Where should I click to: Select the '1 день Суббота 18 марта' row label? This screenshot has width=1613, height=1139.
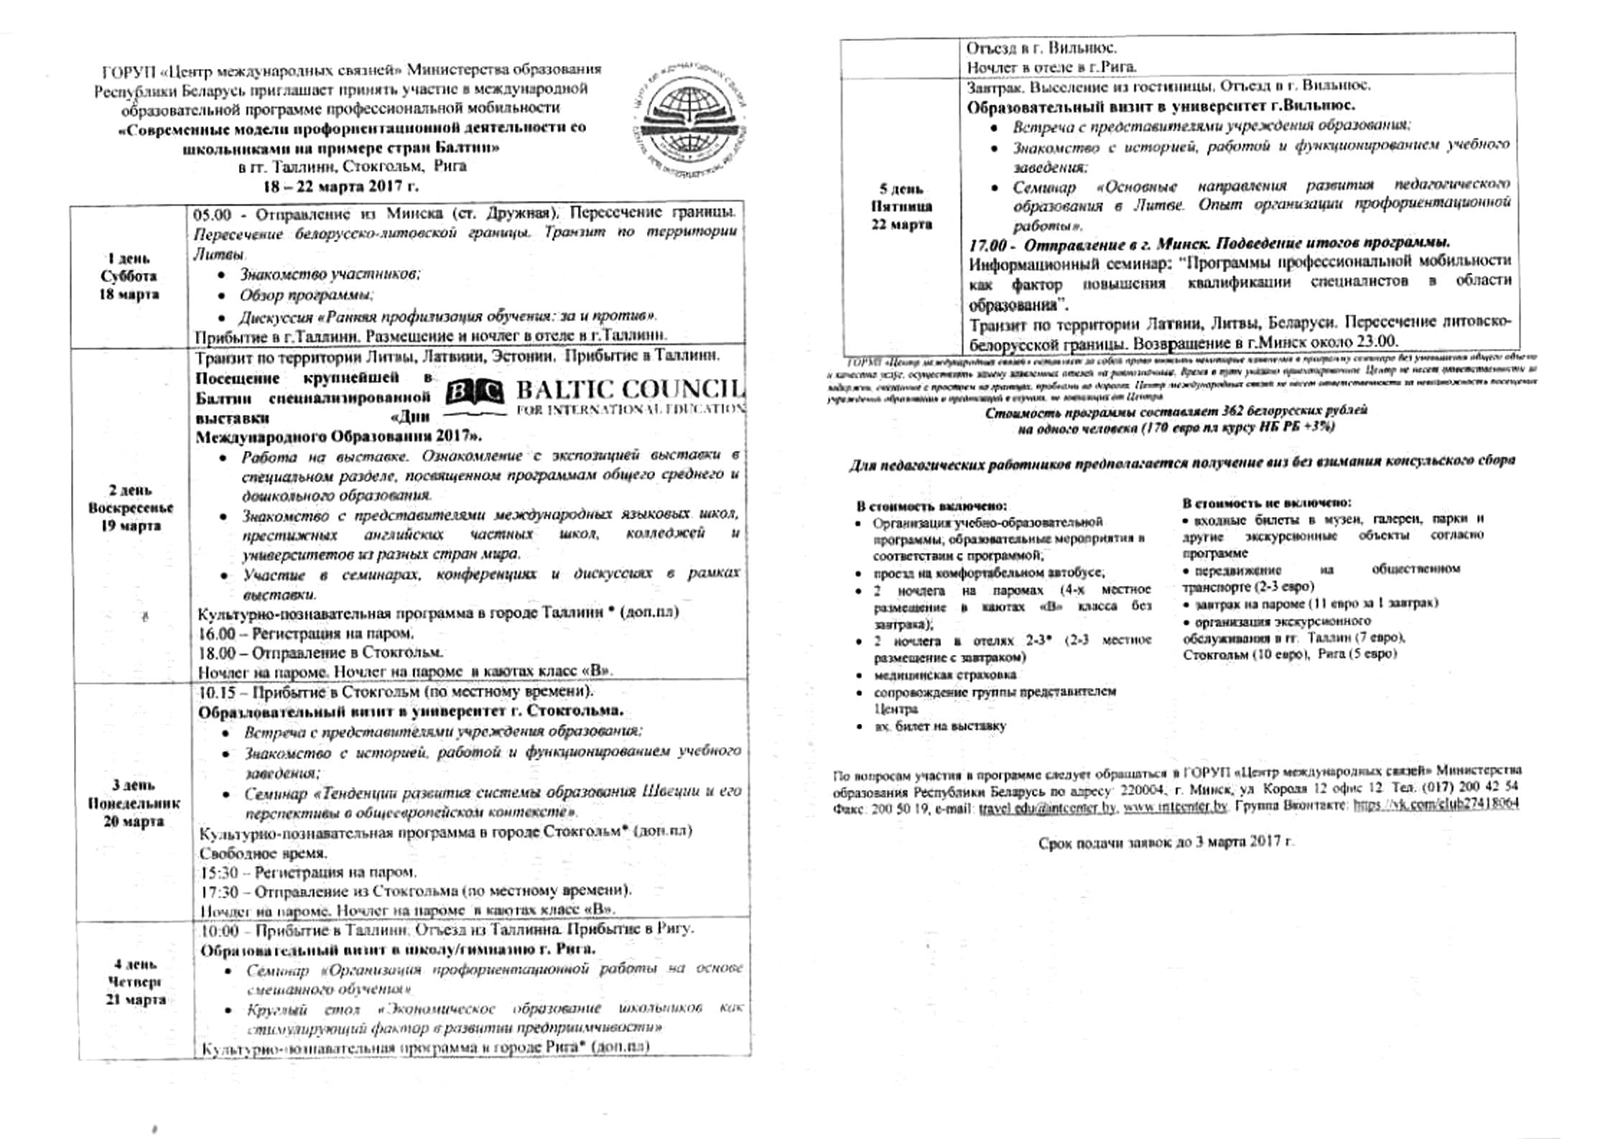(x=129, y=276)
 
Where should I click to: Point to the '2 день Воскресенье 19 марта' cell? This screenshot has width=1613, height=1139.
(x=131, y=508)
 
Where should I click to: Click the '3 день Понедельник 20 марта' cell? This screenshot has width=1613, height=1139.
(x=134, y=803)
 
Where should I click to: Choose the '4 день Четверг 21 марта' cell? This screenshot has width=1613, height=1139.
(x=135, y=982)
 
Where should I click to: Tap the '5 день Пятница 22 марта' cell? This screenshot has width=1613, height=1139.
(x=901, y=207)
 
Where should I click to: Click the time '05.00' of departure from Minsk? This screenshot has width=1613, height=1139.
(x=212, y=214)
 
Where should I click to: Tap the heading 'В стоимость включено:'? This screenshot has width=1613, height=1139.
(x=931, y=506)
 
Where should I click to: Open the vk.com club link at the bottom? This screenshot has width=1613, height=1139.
(x=1436, y=805)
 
